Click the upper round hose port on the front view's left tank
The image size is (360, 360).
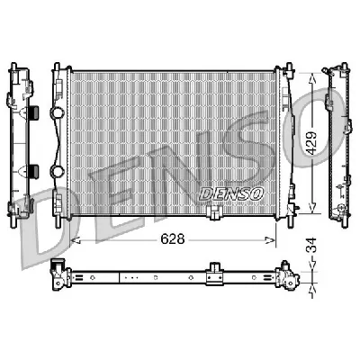[x=58, y=114]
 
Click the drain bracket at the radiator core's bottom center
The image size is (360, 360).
[x=213, y=213]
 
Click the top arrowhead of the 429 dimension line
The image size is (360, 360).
[x=312, y=76]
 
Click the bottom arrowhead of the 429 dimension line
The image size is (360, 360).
[x=312, y=208]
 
